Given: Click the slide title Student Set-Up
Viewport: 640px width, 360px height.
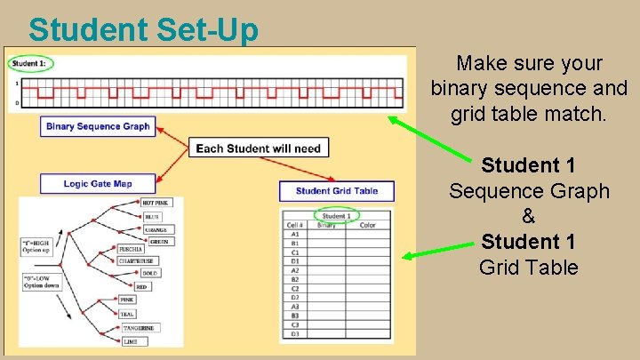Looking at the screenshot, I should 143,29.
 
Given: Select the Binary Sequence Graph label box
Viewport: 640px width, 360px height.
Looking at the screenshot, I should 98,126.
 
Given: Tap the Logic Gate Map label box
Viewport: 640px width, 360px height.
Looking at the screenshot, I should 98,184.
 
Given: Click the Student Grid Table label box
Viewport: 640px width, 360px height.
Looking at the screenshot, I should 337,191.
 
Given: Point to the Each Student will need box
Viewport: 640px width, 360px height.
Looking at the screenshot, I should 258,148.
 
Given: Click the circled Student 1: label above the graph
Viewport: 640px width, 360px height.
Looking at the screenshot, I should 31,63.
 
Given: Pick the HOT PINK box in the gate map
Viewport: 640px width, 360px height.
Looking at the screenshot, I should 156,204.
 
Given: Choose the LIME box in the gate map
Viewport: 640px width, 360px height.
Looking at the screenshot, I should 129,340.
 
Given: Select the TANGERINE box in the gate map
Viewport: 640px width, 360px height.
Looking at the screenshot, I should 138,328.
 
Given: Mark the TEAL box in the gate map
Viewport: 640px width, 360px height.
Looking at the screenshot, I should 128,314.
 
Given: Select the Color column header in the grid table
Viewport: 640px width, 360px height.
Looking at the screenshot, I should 367,225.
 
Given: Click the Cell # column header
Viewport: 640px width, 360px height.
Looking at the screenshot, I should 296,225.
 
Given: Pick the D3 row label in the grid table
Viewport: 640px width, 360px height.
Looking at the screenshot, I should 294,335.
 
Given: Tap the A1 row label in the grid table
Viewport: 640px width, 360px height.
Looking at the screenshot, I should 294,234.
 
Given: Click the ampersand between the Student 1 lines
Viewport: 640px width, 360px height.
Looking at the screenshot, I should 528,216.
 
